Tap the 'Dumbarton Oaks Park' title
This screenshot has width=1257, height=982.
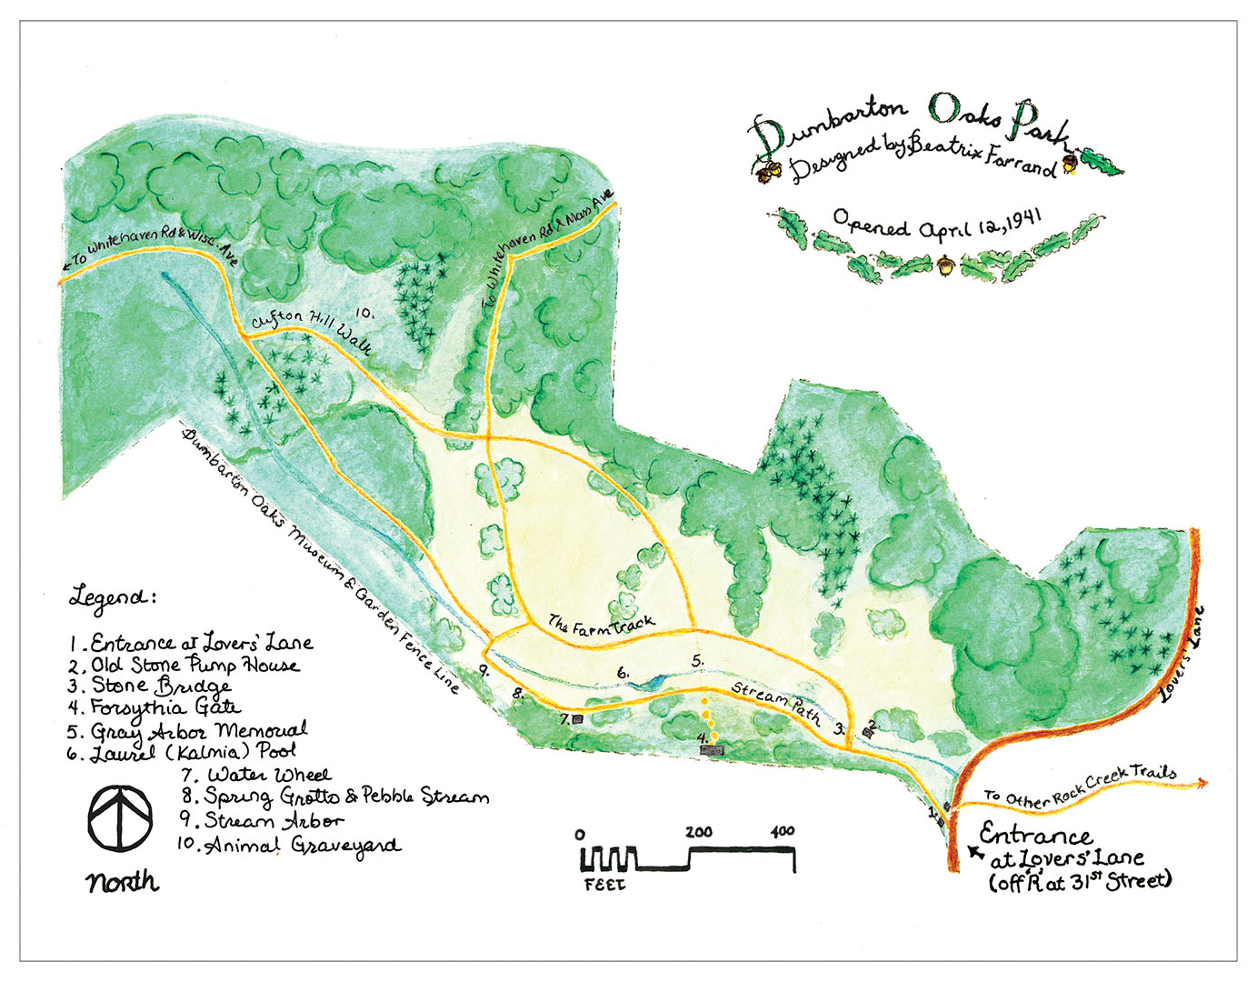(x=910, y=122)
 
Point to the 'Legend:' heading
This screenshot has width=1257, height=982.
(x=113, y=597)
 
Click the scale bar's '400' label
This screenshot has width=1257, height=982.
(x=781, y=831)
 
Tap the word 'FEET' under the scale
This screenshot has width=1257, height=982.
(x=604, y=883)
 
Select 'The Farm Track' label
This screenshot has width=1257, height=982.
(x=602, y=625)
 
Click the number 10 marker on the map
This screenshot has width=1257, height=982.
(x=364, y=312)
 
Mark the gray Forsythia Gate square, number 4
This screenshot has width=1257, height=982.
(x=713, y=750)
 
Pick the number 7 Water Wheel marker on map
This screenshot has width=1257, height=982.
(x=577, y=719)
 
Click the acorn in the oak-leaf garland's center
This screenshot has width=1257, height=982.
(x=947, y=266)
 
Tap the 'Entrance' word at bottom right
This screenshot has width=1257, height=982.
(x=1035, y=836)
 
